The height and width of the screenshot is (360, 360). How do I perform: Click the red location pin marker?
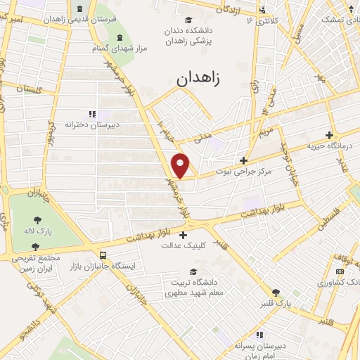tap(181, 165)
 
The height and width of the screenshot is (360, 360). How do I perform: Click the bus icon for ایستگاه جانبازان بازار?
tap(103, 256)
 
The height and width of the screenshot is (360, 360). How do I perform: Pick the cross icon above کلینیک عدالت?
tap(184, 235)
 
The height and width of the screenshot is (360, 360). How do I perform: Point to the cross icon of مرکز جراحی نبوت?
tap(244, 160)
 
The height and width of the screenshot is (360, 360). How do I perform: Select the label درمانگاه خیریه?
tap(328, 146)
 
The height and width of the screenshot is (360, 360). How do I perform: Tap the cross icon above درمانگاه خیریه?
tap(329, 135)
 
